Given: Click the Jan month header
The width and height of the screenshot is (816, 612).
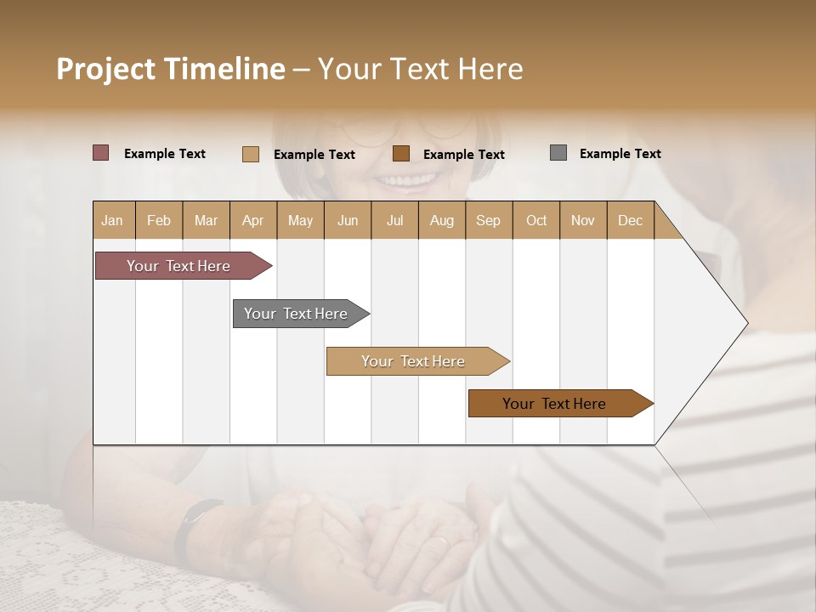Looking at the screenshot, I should [x=113, y=220].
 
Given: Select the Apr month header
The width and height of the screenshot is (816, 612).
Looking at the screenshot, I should [x=252, y=220].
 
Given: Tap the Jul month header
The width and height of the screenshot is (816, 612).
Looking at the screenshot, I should [x=394, y=220].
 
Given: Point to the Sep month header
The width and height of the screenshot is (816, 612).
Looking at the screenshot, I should [x=488, y=220].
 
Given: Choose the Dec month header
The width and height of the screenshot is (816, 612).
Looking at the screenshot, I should [x=630, y=220].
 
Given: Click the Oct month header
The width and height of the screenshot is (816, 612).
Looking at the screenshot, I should [x=536, y=220].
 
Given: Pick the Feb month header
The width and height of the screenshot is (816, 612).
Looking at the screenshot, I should [x=159, y=220].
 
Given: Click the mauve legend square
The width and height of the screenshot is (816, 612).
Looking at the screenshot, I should [x=101, y=153].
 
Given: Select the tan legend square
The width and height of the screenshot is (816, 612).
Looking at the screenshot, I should [x=251, y=154].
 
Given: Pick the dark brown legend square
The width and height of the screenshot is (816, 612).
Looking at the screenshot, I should [x=401, y=153].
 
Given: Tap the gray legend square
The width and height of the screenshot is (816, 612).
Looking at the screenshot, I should [x=558, y=153].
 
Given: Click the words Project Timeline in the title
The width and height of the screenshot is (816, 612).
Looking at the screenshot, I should [x=171, y=69].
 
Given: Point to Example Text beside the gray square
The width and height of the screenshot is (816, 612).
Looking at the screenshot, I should [x=620, y=154].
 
